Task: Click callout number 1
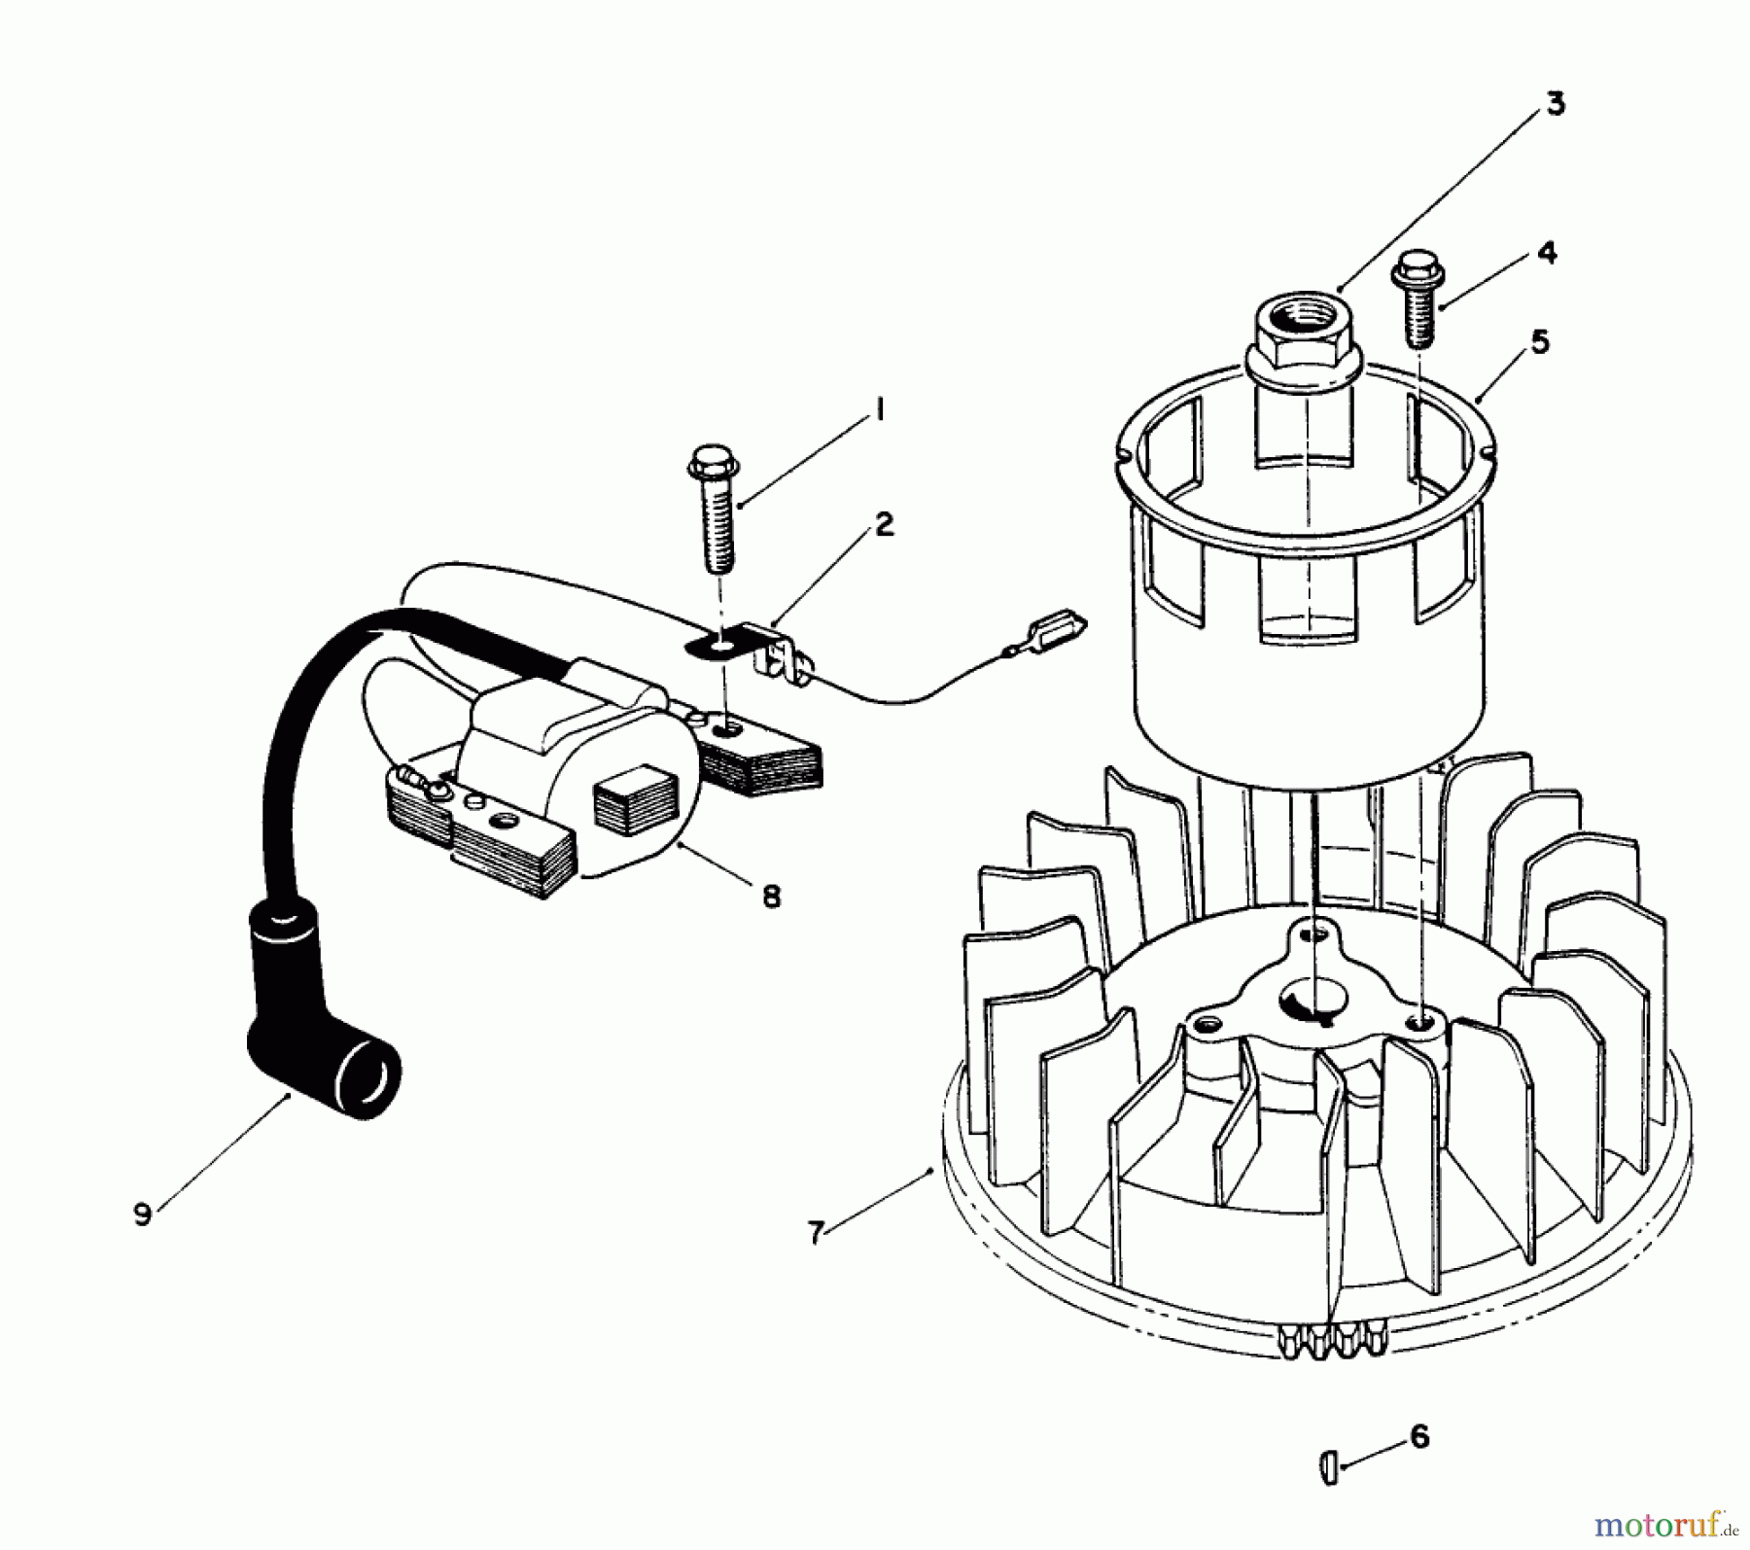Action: [x=878, y=411]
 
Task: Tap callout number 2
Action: [x=883, y=525]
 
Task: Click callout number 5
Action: [x=1540, y=342]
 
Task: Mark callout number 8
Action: [x=771, y=896]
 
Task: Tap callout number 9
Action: [x=143, y=1215]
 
